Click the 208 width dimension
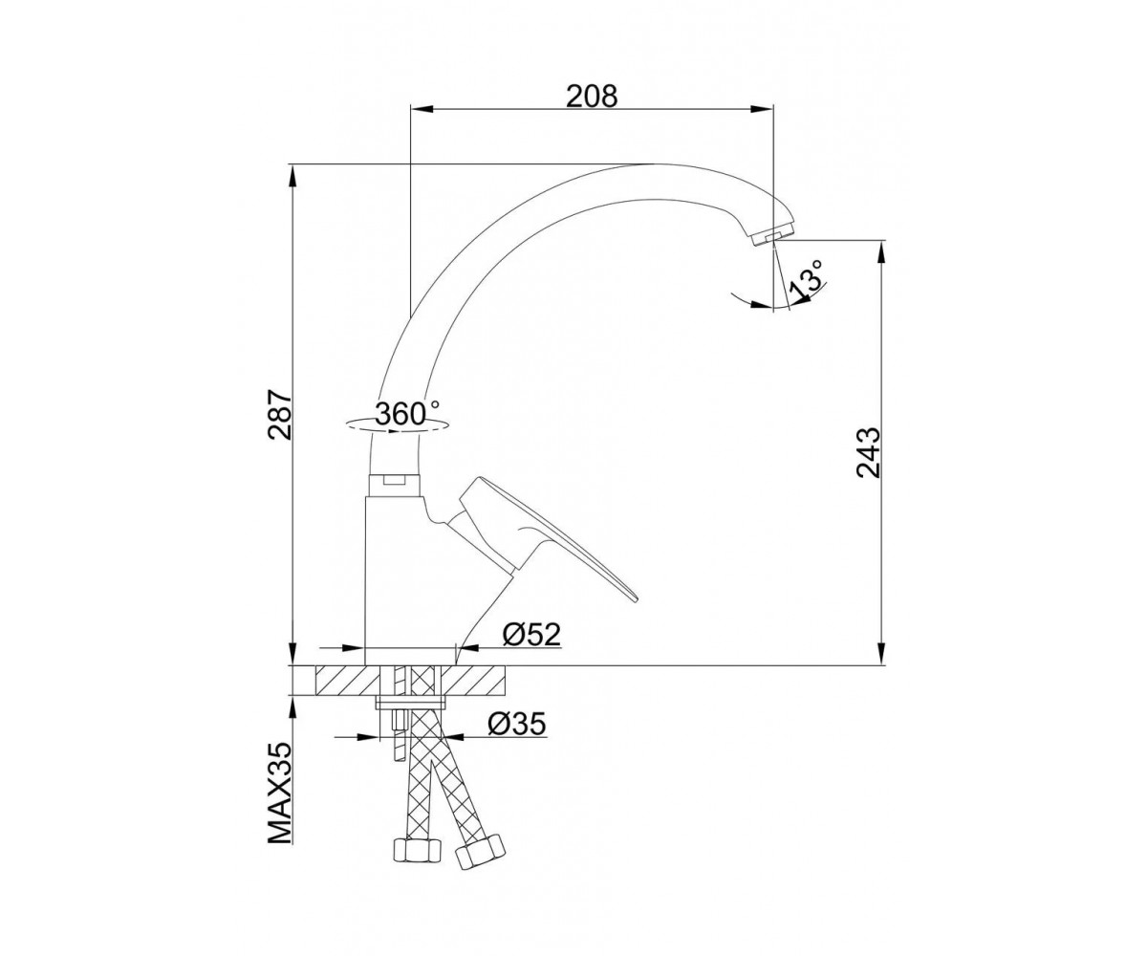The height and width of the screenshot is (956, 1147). tap(592, 97)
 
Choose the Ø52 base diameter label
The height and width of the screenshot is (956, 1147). tap(531, 636)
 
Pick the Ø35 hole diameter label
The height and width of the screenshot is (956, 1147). tap(517, 724)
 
